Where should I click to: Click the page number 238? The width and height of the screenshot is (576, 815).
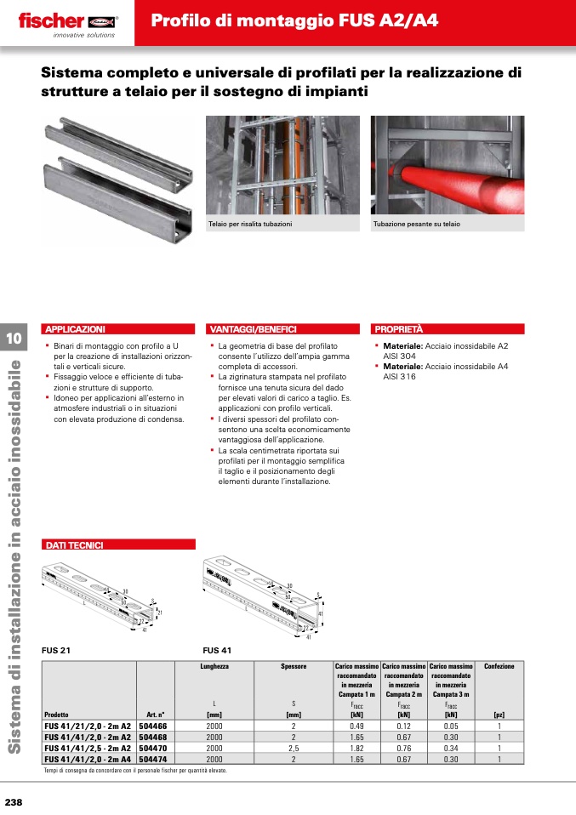pos(14,803)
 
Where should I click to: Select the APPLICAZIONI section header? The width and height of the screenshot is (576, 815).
pos(75,328)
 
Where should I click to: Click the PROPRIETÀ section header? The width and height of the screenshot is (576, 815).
pos(399,328)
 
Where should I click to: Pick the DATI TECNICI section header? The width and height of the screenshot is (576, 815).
pos(74,544)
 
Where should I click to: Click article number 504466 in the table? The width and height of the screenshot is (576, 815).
pos(153,727)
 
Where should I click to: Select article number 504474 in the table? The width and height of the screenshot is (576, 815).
pos(153,758)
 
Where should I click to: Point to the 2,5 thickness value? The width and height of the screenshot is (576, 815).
pos(293,748)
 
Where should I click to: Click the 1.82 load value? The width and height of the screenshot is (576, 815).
pos(357,748)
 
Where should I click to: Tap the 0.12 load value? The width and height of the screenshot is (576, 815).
pos(403,727)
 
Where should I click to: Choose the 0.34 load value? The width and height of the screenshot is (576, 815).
pos(450,748)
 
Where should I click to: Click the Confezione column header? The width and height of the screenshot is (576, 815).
pos(499,667)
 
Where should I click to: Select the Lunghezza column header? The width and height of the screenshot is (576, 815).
pos(214,667)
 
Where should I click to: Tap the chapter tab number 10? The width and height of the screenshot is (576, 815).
pos(14,339)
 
